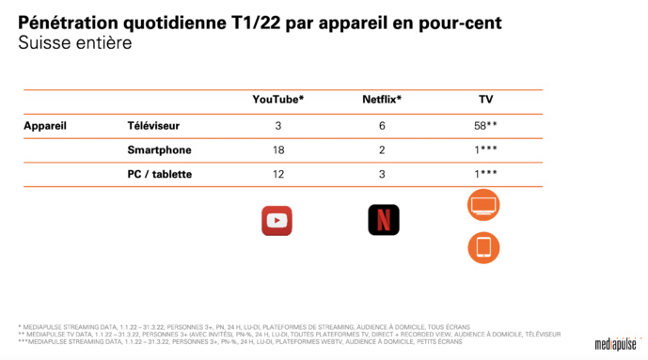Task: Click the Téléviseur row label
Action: click(x=153, y=125)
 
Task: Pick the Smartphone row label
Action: click(x=159, y=149)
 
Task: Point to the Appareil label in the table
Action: click(x=45, y=125)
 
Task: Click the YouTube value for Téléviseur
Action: click(x=278, y=125)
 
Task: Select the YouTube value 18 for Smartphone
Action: click(x=278, y=149)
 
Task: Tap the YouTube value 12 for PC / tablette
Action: click(x=278, y=174)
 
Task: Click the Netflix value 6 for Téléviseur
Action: click(x=383, y=125)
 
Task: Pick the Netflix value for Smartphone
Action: click(x=383, y=149)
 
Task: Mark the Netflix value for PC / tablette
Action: click(x=383, y=174)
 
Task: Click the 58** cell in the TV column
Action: click(x=486, y=125)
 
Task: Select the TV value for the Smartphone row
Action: click(x=486, y=149)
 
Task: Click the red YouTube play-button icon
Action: click(x=277, y=220)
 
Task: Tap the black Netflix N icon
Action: click(x=383, y=220)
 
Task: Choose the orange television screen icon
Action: click(x=483, y=205)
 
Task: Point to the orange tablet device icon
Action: click(x=483, y=247)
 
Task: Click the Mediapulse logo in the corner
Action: click(x=615, y=344)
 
